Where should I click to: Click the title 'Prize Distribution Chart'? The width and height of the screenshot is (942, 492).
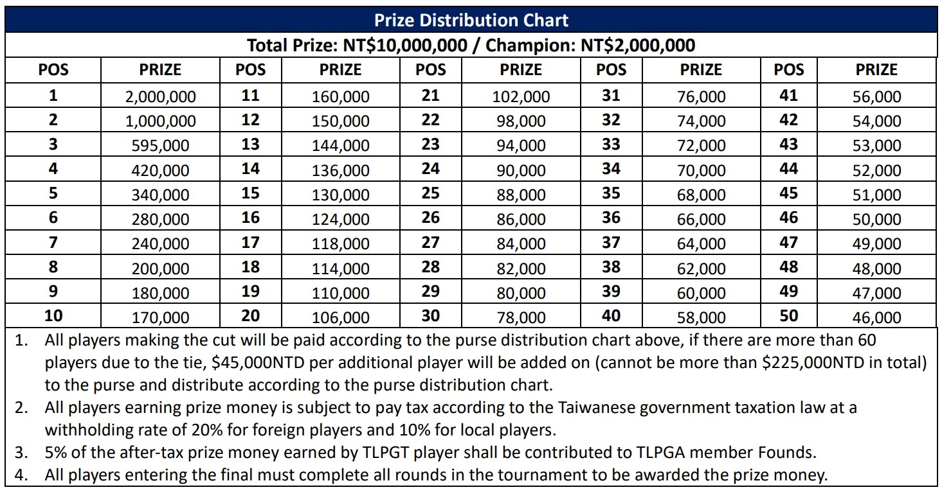coord(471,21)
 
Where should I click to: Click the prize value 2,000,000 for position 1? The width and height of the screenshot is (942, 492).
coord(161,97)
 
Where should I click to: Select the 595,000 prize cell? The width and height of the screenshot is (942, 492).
coord(161,146)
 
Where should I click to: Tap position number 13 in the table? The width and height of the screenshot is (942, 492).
coord(250,145)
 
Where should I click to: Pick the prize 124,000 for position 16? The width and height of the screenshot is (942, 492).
coord(341,220)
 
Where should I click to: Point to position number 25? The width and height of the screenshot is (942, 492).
coord(430,193)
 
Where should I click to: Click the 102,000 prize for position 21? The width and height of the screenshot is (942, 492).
coord(521,97)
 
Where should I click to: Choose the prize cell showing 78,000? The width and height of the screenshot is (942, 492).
coord(521,317)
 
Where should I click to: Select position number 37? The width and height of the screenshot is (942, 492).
coord(611,242)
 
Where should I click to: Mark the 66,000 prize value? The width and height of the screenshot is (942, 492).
coord(702,220)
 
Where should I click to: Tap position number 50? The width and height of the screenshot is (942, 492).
coord(788,315)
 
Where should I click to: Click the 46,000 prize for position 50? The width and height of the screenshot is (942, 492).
coord(877,317)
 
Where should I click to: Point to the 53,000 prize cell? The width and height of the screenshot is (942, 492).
coord(877,146)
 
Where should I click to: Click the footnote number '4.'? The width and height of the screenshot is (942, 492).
coord(21,476)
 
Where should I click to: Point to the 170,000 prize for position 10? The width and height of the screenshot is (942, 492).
coord(161,317)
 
